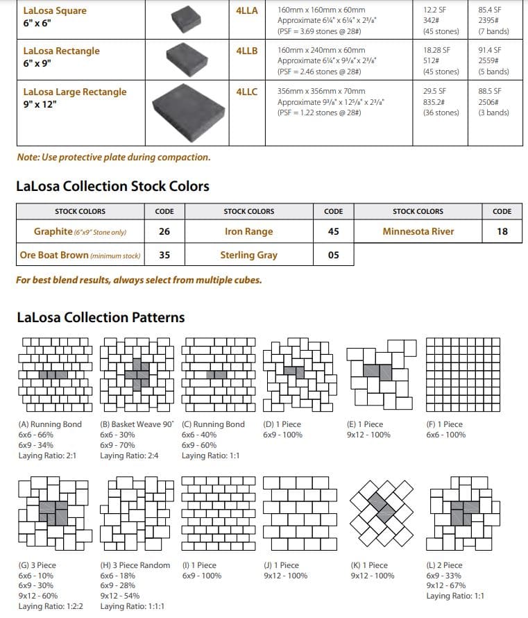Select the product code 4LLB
tap(246, 51)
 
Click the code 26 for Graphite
tap(164, 232)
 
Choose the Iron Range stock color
tap(248, 232)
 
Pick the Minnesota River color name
tap(418, 232)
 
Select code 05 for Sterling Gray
tap(333, 255)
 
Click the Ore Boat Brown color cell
tap(80, 255)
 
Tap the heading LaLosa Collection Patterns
tap(101, 317)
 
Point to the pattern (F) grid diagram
tap(462, 374)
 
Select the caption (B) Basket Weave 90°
tap(137, 424)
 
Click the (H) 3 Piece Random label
tap(135, 565)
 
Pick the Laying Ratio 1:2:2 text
tap(51, 606)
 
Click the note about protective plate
tap(113, 157)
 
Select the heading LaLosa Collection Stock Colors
tap(112, 186)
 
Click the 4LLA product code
tap(246, 10)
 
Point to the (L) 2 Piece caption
tap(444, 565)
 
